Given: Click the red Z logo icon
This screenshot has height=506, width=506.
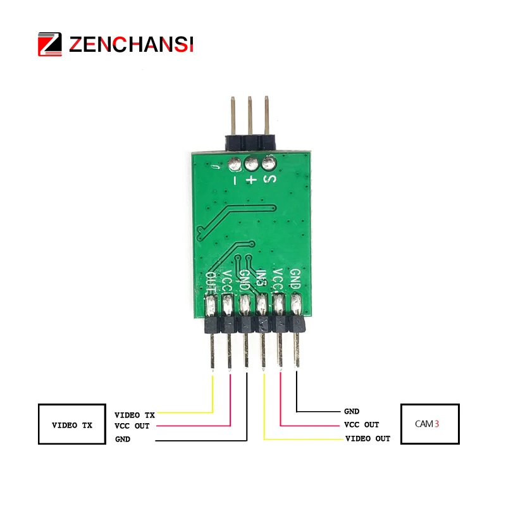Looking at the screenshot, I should (x=50, y=44).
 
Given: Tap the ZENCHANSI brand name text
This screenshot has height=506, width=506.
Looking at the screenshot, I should (x=131, y=44).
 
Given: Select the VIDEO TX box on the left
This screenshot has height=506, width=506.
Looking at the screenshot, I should (x=71, y=425).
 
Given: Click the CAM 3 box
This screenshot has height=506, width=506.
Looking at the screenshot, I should (x=430, y=424).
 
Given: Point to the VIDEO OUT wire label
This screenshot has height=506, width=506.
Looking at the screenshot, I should (x=367, y=438).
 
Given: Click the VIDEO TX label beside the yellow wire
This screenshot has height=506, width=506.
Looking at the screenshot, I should (x=134, y=415).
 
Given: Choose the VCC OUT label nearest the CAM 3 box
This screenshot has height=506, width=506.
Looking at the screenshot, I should (x=361, y=424).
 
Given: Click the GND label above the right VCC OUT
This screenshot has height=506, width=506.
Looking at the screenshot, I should (x=352, y=411).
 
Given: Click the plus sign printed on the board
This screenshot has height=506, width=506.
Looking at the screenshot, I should (x=252, y=180).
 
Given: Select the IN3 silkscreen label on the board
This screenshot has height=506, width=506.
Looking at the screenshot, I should (x=262, y=280).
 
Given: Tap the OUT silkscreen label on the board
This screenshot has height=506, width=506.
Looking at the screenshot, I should (x=211, y=281).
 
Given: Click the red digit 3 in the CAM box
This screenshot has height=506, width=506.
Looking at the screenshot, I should (x=436, y=424).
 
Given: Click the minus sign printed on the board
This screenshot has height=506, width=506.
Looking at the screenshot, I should (x=235, y=180).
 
